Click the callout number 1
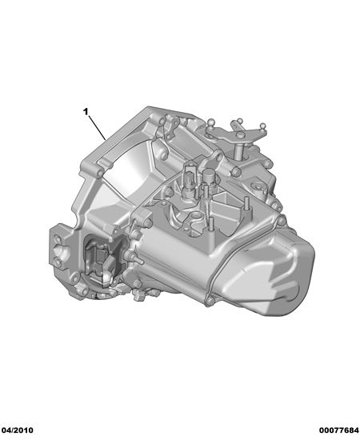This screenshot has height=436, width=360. click(86, 112)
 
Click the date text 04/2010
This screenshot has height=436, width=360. click(17, 430)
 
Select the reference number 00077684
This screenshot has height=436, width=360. click(338, 430)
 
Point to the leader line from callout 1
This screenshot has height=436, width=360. click(97, 128)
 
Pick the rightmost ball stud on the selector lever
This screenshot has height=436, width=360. click(262, 126)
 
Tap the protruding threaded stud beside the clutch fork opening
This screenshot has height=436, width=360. click(136, 258)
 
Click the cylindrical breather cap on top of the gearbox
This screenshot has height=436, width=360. click(208, 176)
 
